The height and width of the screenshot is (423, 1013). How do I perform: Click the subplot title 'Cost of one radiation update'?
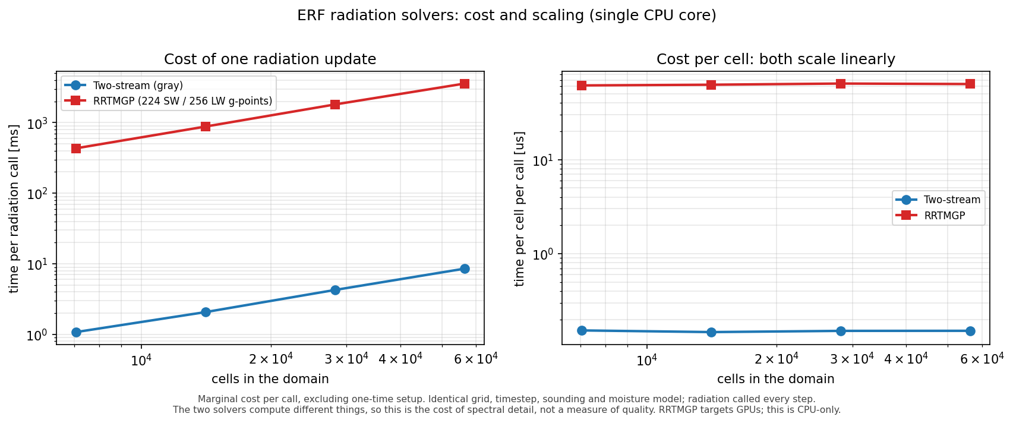point(270,59)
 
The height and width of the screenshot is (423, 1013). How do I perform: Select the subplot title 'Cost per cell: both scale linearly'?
point(775,59)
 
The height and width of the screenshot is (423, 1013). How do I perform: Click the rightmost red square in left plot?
point(465,84)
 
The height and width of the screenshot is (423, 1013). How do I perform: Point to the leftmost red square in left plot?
point(76,149)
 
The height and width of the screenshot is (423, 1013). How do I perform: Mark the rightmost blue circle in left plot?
point(465,269)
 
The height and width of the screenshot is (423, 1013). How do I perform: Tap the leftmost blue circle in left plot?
point(76,332)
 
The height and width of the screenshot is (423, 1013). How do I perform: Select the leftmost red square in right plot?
point(582,86)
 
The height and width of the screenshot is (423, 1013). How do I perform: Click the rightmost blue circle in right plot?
point(970,331)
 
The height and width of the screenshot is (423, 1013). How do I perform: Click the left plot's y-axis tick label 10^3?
point(39,122)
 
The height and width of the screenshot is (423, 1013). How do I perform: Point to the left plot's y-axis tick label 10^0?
point(39,334)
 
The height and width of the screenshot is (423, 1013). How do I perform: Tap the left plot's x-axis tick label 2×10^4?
point(271,359)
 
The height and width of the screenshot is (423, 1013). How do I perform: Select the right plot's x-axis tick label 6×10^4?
point(981,359)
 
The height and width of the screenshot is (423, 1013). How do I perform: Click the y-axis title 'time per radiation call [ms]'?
point(14,209)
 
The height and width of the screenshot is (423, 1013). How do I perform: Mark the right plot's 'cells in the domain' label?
point(775,379)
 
